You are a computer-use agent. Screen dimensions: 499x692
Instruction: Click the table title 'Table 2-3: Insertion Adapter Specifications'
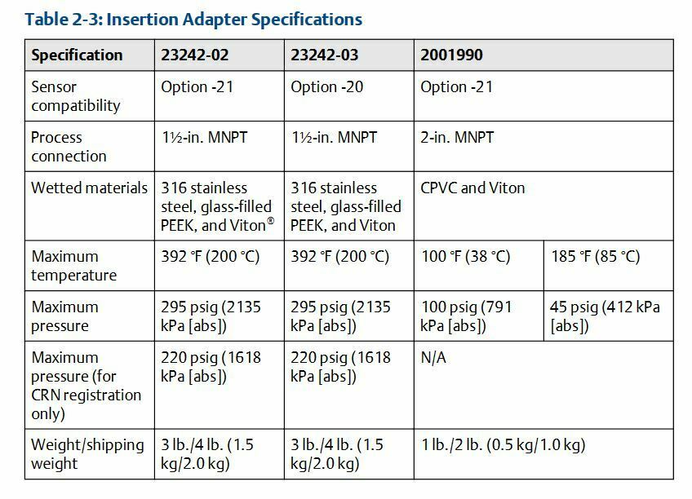tap(194, 18)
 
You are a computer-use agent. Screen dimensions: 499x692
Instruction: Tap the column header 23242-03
tap(325, 55)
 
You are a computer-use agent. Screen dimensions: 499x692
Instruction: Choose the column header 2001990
tap(451, 55)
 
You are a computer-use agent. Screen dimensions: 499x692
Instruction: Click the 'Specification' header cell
tap(77, 55)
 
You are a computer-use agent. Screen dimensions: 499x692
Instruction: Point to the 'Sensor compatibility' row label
tap(75, 96)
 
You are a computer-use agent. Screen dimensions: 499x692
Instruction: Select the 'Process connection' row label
tap(69, 147)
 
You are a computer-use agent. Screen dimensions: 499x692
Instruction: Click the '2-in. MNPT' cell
tap(459, 138)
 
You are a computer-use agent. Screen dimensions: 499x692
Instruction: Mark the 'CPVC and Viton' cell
tap(472, 188)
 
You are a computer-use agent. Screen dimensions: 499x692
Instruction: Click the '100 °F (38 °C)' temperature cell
tap(465, 257)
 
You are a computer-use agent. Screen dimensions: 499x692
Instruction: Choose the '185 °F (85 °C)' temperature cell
tap(596, 257)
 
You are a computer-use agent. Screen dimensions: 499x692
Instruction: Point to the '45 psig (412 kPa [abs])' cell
tap(605, 316)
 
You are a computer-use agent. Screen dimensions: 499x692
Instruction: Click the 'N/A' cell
tap(432, 358)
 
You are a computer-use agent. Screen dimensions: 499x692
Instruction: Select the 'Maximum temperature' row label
tap(73, 266)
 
